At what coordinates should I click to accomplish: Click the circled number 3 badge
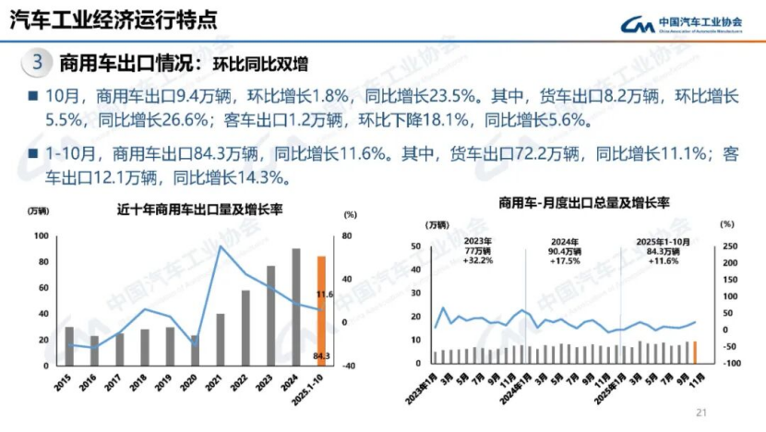[x=37, y=63]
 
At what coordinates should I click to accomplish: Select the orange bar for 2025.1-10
[x=321, y=309]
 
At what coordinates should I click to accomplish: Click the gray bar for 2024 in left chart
[x=296, y=306]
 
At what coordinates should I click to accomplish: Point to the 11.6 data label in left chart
[x=324, y=294]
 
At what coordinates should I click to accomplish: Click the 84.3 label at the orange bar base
[x=322, y=355]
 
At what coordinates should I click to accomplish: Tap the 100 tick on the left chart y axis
[x=42, y=236]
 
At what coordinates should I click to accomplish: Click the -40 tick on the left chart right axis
[x=351, y=365]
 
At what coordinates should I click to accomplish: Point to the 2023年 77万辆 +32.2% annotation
[x=478, y=250]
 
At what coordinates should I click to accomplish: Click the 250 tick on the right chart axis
[x=730, y=246]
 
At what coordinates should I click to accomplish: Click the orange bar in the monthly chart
[x=694, y=352]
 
